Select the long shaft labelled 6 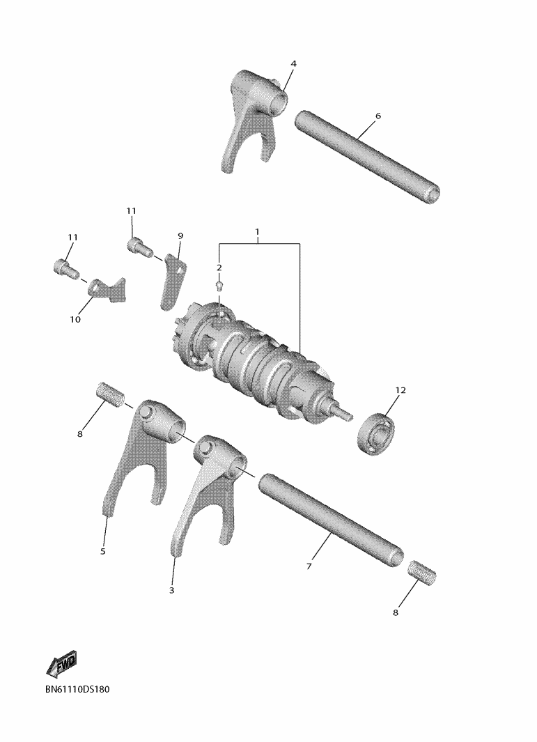367,154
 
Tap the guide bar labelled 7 331,518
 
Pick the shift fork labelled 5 142,452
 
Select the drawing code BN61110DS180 77,689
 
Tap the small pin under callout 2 219,285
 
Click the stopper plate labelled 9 171,282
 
